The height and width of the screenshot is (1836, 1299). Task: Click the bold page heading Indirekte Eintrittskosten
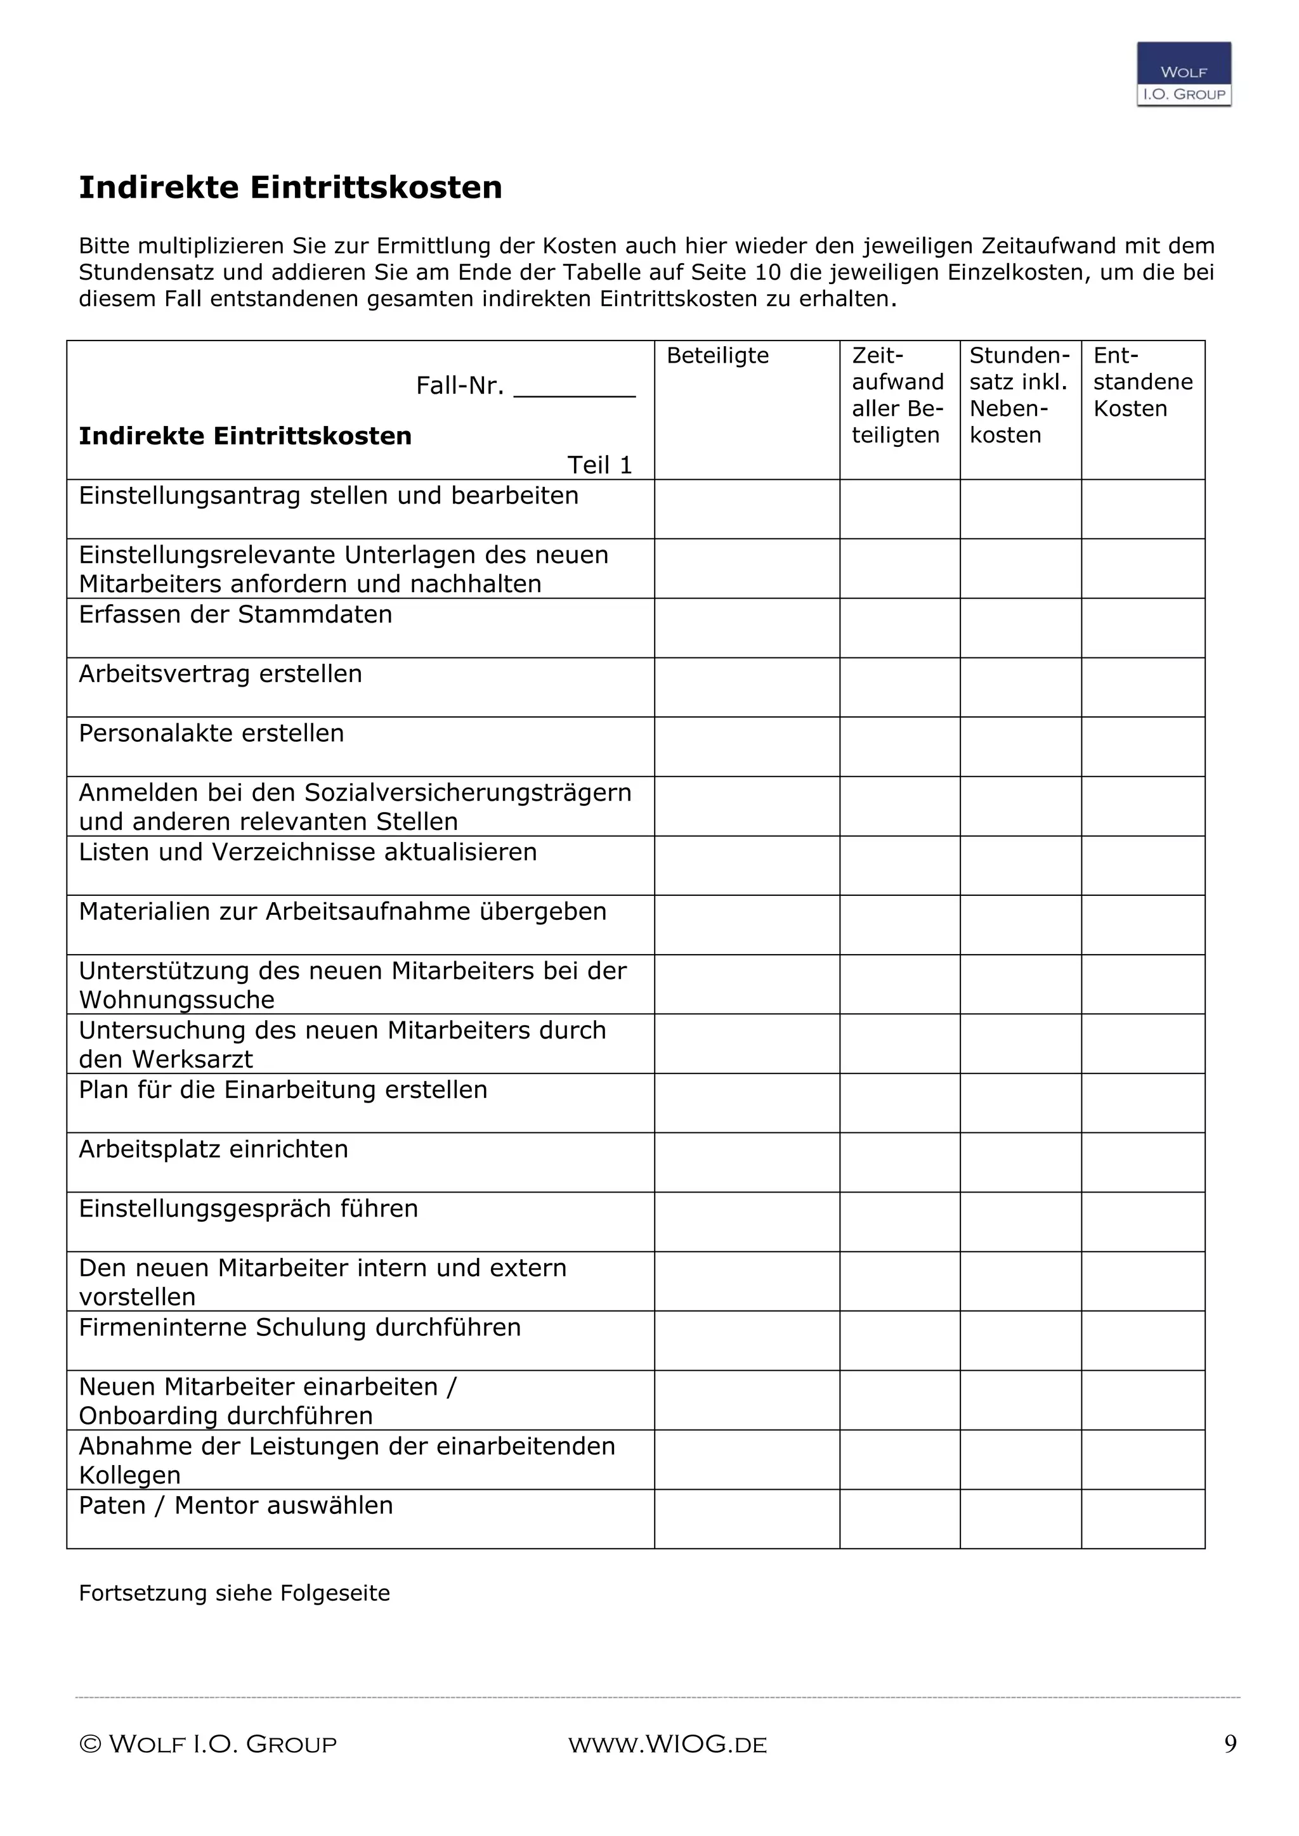290,188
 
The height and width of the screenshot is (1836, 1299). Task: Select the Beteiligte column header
717,356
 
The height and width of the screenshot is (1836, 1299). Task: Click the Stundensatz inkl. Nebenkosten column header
1019,395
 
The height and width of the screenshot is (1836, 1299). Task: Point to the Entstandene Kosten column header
1142,382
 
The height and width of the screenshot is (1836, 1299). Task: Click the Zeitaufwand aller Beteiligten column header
898,395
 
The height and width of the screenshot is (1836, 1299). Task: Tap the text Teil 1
599,465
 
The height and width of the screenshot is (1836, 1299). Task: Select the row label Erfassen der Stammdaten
235,615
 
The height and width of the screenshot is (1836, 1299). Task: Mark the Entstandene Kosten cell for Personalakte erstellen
1142,746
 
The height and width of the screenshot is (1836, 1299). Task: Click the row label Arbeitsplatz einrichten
212,1149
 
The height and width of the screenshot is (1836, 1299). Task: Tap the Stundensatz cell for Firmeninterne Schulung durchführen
1020,1340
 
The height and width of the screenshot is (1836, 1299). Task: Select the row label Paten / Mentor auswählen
235,1506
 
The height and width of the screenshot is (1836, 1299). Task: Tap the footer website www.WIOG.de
667,1745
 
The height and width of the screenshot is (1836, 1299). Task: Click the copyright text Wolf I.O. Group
208,1745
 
